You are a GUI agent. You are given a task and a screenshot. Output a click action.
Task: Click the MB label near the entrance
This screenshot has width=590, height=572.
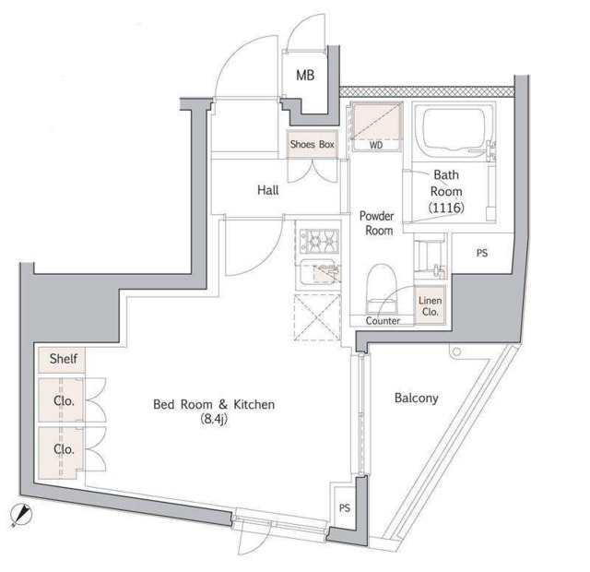coord(305,76)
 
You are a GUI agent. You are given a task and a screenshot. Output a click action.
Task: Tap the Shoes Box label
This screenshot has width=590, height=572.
coord(313,144)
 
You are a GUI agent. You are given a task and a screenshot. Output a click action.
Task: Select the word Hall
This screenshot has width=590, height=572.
coord(268,190)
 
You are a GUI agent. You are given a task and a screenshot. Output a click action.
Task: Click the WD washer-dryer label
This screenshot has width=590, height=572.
coord(376,145)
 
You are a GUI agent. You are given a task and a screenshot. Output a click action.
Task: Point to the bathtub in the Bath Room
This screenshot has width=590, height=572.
coord(454,130)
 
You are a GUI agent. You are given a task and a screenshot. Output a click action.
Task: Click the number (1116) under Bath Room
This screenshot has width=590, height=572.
coord(446,208)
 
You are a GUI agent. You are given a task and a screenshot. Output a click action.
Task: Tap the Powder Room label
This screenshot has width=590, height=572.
coord(377,223)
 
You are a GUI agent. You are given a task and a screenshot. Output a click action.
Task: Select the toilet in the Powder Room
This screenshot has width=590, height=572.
coord(381,288)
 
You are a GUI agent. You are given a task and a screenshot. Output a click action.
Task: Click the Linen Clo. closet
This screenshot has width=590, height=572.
coord(431,305)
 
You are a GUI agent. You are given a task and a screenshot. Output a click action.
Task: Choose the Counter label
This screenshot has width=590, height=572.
coord(383,321)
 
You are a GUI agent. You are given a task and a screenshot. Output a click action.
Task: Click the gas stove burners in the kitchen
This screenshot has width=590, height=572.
coord(319,241)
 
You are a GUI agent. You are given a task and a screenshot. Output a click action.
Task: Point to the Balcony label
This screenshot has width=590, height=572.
coord(416,398)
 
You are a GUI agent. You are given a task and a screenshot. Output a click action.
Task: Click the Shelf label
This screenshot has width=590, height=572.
coord(64,359)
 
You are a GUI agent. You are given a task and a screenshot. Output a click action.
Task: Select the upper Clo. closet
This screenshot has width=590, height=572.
coord(61,399)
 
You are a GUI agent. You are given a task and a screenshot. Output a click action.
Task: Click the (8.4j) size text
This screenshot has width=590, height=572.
coord(214,419)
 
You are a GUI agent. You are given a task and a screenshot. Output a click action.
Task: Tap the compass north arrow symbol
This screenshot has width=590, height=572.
coord(21,515)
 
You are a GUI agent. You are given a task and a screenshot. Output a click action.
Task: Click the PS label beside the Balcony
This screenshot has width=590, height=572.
coord(345,508)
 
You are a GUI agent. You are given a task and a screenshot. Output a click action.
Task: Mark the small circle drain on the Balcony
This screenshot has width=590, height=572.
coord(456,352)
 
